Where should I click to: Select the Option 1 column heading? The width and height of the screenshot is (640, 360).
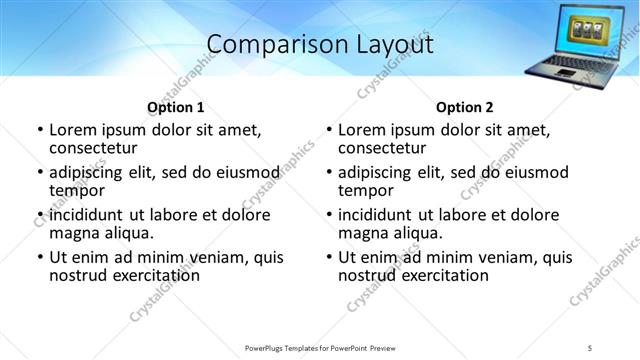coord(176,107)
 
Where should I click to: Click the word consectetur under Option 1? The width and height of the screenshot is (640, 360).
coord(92,148)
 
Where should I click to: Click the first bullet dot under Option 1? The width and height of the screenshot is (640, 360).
coord(39,130)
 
